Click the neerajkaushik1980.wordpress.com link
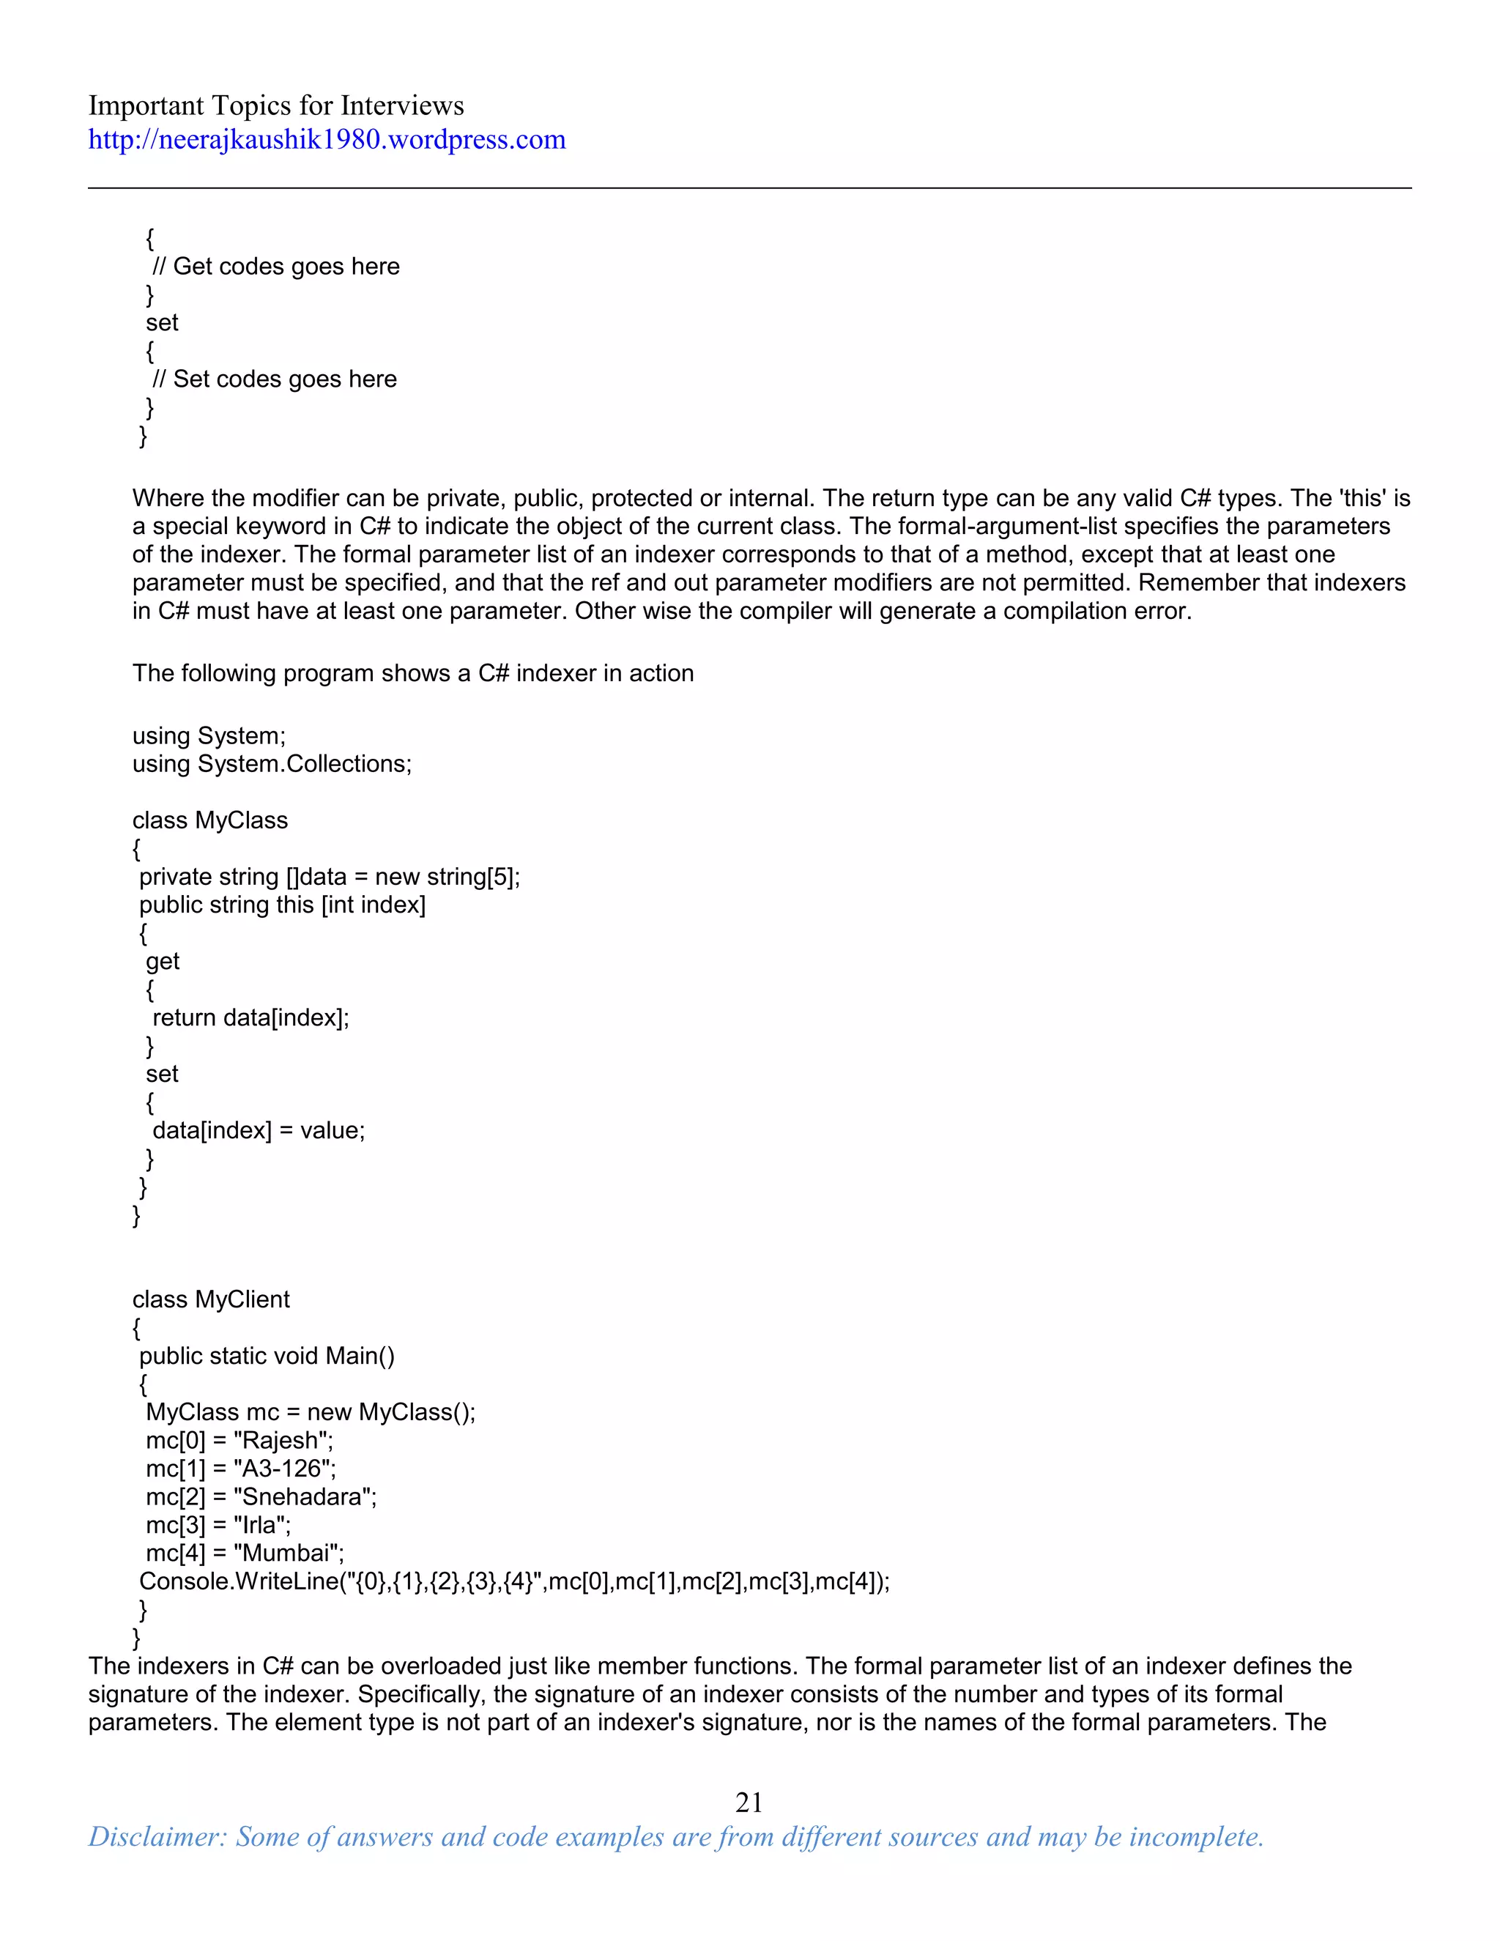pyautogui.click(x=326, y=141)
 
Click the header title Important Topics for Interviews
pyautogui.click(x=275, y=105)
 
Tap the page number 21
pyautogui.click(x=749, y=1802)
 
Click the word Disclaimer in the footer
pyautogui.click(x=157, y=1837)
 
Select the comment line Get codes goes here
pyautogui.click(x=276, y=267)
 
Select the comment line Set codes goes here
pyautogui.click(x=275, y=379)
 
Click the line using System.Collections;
pyautogui.click(x=272, y=764)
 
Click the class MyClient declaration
pyautogui.click(x=211, y=1299)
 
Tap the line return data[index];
pyautogui.click(x=250, y=1017)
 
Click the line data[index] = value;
pyautogui.click(x=259, y=1130)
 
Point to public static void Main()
pyautogui.click(x=267, y=1357)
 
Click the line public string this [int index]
pyautogui.click(x=282, y=905)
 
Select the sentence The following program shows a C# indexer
pyautogui.click(x=412, y=674)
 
